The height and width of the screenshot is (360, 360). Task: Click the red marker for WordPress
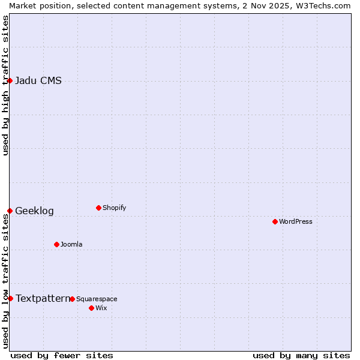(x=275, y=221)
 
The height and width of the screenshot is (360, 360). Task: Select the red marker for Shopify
(x=98, y=208)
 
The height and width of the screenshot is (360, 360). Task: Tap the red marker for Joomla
(x=56, y=244)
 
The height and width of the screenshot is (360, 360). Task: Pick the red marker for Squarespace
(x=72, y=299)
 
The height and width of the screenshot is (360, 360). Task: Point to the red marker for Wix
(x=91, y=308)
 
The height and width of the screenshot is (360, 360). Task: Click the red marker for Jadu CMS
(x=10, y=80)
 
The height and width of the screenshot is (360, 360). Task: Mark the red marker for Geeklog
(x=10, y=211)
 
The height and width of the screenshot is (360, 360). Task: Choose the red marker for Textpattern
(x=10, y=298)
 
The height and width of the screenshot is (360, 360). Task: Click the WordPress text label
(x=295, y=221)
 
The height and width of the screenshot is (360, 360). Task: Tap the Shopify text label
(x=114, y=208)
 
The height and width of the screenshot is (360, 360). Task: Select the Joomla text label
(x=71, y=244)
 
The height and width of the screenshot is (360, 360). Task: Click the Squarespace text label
(x=97, y=299)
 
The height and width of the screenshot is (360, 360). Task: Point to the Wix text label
(x=101, y=308)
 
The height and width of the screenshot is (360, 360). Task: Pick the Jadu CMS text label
(x=38, y=81)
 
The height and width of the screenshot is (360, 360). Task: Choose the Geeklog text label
(x=34, y=211)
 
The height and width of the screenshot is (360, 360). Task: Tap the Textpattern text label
(x=43, y=298)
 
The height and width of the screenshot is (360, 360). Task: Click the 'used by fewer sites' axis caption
(x=62, y=355)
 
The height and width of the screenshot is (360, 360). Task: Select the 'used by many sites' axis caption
(x=301, y=355)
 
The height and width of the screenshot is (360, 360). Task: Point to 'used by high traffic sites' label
(x=5, y=85)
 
